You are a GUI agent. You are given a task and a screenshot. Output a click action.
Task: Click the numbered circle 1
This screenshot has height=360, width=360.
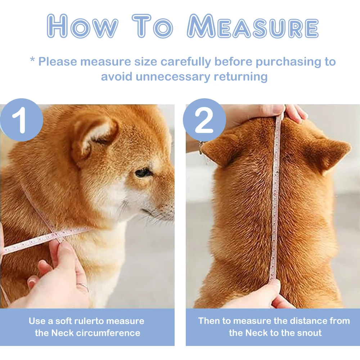pyautogui.click(x=22, y=120)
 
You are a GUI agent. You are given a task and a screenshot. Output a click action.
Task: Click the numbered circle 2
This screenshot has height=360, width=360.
pyautogui.click(x=204, y=120)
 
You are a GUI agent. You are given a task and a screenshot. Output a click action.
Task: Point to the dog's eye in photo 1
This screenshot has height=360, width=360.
pyautogui.click(x=143, y=173)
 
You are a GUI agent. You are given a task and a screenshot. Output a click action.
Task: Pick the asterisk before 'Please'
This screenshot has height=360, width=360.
pyautogui.click(x=32, y=60)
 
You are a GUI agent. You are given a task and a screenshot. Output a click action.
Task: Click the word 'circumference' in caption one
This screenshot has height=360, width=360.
pyautogui.click(x=108, y=333)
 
